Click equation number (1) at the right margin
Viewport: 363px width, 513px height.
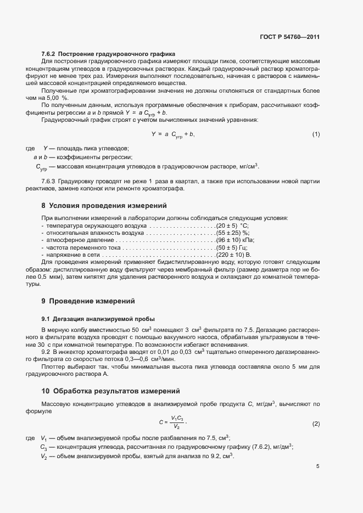click(x=316, y=134)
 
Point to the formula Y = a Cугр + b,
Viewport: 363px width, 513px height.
click(x=173, y=134)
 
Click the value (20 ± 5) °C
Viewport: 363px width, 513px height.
click(x=233, y=226)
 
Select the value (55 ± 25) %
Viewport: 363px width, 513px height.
click(x=233, y=233)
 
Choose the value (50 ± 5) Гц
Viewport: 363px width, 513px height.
click(x=232, y=247)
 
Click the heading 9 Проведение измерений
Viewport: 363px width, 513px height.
click(x=88, y=301)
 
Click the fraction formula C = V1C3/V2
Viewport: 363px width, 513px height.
click(x=172, y=422)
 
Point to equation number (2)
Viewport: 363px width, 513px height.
click(x=316, y=424)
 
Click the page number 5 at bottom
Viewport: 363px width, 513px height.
click(x=317, y=466)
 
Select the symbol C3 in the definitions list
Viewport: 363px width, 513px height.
click(x=43, y=447)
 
